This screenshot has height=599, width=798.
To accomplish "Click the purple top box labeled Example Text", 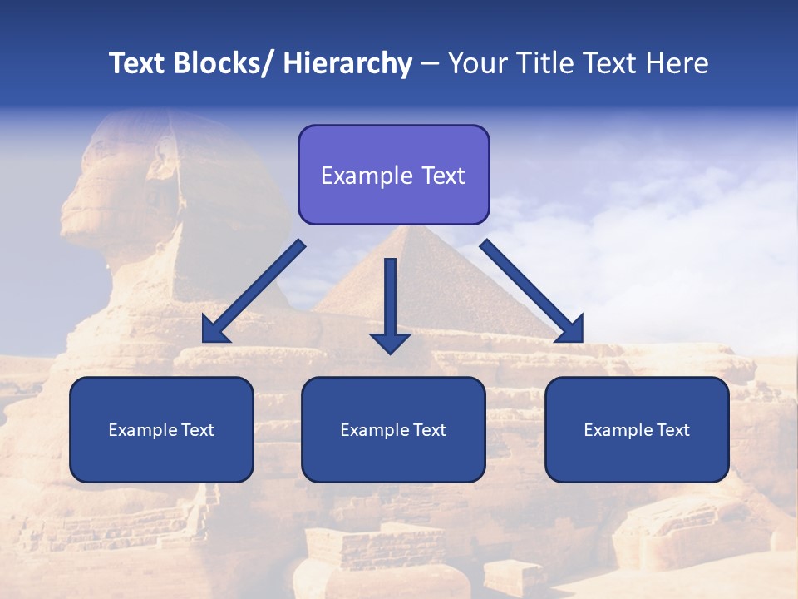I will [x=393, y=175].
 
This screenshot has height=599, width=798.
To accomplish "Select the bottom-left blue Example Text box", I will [x=161, y=429].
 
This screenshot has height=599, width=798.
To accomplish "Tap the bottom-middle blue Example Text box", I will [x=393, y=429].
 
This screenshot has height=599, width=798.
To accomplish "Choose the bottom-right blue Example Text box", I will [x=637, y=429].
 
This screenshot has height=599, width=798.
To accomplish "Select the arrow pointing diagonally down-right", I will [x=532, y=292].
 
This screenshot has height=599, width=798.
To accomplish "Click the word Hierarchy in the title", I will [x=347, y=64].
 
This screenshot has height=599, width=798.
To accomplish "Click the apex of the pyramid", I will [x=410, y=227].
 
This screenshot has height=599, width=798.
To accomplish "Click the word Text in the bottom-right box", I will [x=672, y=430].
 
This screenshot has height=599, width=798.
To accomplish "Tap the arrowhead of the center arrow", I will [x=390, y=341].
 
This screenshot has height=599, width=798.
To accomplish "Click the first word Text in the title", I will [x=138, y=64].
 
